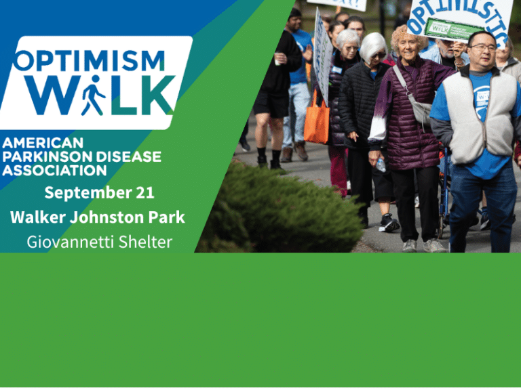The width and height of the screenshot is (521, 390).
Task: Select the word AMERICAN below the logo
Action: point(43,143)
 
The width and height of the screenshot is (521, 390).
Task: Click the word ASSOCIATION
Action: point(55,170)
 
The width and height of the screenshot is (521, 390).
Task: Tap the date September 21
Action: point(99,193)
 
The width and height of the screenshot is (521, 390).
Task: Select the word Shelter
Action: point(145,242)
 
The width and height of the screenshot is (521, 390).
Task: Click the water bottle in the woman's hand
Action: point(381,164)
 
